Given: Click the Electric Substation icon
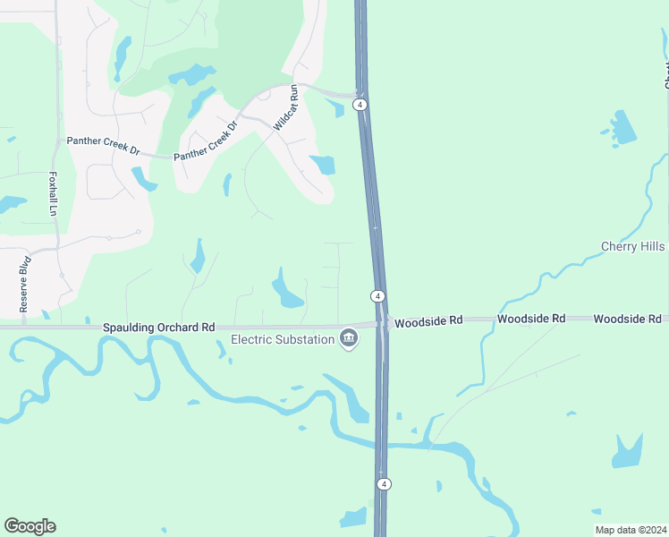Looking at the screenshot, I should click(349, 338).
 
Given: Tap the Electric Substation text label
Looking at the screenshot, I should click(282, 339).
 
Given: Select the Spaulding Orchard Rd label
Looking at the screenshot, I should click(159, 328).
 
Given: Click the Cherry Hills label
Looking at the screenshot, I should click(632, 246).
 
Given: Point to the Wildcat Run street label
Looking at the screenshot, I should click(284, 108).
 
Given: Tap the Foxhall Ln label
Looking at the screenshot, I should click(53, 193).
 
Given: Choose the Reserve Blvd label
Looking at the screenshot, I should click(25, 284).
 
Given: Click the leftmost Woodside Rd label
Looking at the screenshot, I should click(428, 320).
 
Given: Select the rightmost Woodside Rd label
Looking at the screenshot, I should click(627, 319).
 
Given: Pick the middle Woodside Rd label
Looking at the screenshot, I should click(531, 319).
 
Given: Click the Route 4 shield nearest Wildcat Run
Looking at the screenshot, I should click(360, 105).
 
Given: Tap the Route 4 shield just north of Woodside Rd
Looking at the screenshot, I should click(378, 295).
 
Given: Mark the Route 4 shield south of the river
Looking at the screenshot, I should click(384, 484).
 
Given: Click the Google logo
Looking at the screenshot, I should click(30, 526).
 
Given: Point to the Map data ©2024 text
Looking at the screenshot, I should click(631, 529).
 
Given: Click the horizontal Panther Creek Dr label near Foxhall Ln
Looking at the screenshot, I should click(103, 142).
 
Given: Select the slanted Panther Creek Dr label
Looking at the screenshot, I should click(207, 141).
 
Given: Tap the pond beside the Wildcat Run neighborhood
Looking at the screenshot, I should click(322, 165).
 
